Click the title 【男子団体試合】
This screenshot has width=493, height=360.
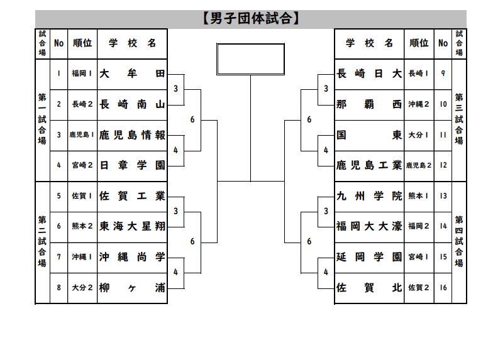250,19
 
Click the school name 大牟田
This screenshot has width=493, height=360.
132,74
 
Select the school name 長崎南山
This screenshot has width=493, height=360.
132,104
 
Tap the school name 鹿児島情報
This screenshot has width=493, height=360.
132,134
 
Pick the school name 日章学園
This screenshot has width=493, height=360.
132,165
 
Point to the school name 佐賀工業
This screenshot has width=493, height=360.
132,196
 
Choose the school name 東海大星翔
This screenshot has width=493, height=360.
132,226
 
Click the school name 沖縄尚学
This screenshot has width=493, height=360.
132,257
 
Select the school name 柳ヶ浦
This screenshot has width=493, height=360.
132,288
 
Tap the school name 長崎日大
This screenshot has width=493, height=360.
369,74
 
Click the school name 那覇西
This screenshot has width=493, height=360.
369,104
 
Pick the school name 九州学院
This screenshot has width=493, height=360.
369,196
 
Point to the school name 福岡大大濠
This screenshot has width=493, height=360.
369,226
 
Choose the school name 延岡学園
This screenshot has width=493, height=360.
369,257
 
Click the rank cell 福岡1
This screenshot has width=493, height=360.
82,74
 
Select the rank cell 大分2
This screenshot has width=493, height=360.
82,288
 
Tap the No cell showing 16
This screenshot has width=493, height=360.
443,288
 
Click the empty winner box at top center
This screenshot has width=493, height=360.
250,59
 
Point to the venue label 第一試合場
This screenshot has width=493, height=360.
42,119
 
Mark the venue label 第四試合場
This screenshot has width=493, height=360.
459,242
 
